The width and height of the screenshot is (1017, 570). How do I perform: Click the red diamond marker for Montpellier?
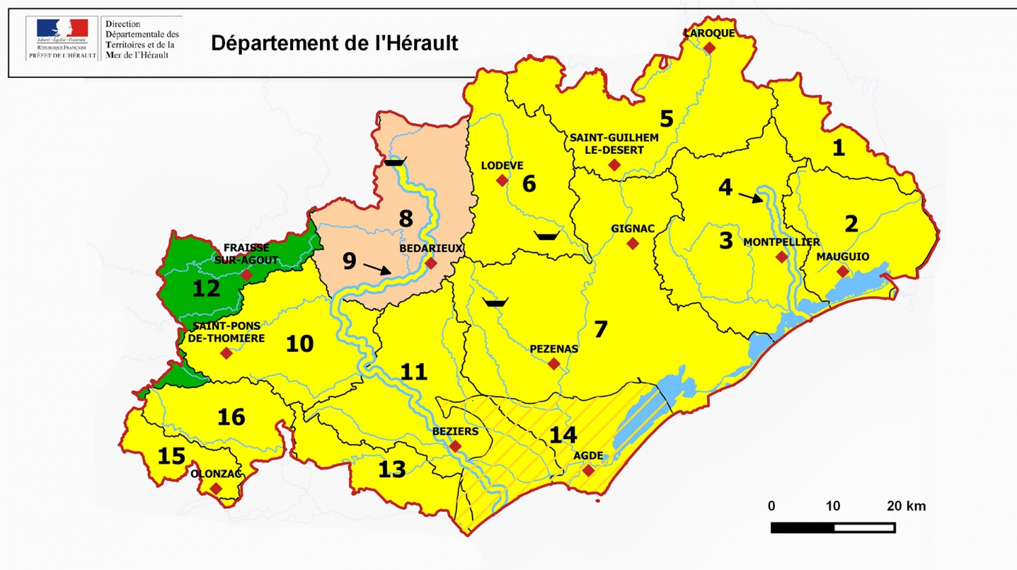[782, 257]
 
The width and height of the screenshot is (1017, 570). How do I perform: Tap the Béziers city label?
[455, 431]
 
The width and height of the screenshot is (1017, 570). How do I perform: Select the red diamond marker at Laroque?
[709, 48]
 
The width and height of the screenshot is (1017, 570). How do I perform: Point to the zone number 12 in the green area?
[206, 289]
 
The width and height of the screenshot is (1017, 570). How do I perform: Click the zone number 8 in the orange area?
[405, 219]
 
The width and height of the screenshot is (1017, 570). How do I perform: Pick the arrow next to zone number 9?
[377, 269]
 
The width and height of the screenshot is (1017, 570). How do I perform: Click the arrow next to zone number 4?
[751, 197]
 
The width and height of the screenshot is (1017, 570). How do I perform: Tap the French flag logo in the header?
[62, 28]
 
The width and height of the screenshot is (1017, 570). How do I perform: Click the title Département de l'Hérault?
[334, 43]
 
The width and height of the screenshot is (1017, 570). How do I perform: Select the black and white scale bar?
[833, 527]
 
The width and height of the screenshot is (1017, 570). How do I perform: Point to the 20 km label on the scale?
[906, 506]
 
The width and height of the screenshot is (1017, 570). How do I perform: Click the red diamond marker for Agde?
[588, 470]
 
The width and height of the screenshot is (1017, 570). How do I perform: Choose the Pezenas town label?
[554, 349]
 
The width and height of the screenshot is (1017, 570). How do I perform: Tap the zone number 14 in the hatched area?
[563, 434]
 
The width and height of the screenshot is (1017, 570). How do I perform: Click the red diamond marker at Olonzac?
[216, 489]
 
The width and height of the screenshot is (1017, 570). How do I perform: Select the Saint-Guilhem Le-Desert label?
[614, 144]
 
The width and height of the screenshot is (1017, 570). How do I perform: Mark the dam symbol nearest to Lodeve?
[546, 236]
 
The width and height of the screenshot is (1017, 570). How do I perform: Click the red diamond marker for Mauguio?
[842, 272]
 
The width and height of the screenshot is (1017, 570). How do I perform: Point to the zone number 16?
[231, 417]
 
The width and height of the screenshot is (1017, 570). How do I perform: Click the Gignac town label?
[633, 228]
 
